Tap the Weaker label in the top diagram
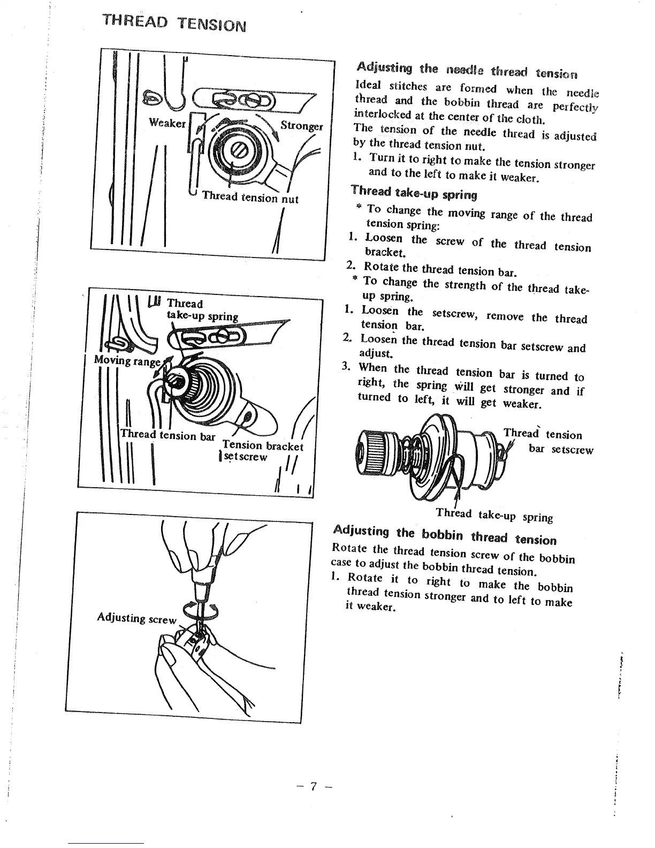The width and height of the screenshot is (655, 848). click(167, 123)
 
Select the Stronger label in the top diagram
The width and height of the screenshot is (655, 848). click(301, 126)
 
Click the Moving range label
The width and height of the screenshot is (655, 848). click(127, 360)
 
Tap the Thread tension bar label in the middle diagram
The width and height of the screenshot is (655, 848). click(167, 435)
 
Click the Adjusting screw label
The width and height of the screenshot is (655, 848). click(136, 618)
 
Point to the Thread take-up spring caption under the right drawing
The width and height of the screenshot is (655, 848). click(494, 515)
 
